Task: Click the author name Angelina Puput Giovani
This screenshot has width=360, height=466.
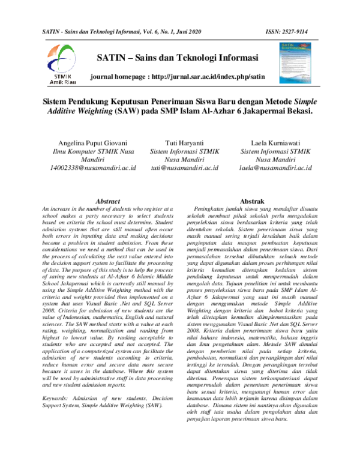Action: click(92, 144)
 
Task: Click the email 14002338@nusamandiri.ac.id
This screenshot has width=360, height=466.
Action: click(92, 169)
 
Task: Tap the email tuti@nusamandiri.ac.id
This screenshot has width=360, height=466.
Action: click(179, 169)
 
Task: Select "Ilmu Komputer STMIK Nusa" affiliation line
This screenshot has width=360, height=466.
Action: click(92, 152)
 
